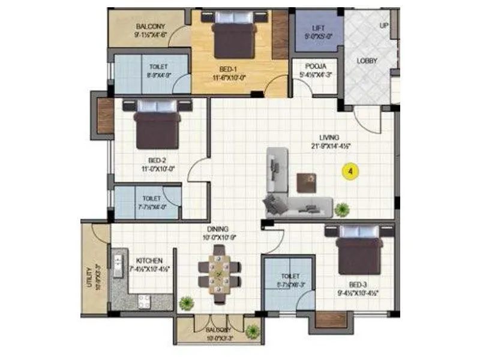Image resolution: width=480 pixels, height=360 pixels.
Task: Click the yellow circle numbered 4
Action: click(350, 171)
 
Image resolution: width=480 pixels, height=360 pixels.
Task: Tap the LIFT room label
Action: click(319, 28)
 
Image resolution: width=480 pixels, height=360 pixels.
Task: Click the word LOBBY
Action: click(367, 61)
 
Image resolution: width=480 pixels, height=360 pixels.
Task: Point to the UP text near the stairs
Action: click(383, 26)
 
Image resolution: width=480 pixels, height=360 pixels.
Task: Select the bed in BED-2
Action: click(157, 125)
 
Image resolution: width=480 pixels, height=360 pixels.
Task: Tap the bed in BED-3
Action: click(358, 250)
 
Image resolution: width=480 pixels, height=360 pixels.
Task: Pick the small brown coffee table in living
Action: click(305, 182)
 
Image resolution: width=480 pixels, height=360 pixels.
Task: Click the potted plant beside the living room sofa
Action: click(342, 209)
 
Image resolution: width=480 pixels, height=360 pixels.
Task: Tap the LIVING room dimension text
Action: click(331, 146)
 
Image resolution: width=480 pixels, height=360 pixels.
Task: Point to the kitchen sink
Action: click(118, 261)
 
